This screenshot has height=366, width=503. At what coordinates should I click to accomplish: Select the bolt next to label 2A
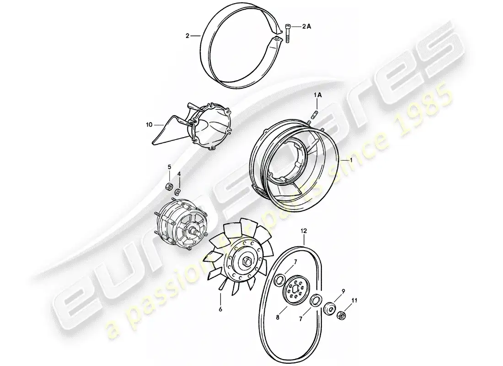(x=288, y=32)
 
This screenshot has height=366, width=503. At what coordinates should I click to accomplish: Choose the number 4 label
(x=179, y=174)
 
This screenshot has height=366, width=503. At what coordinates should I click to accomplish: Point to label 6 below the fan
(x=220, y=309)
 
